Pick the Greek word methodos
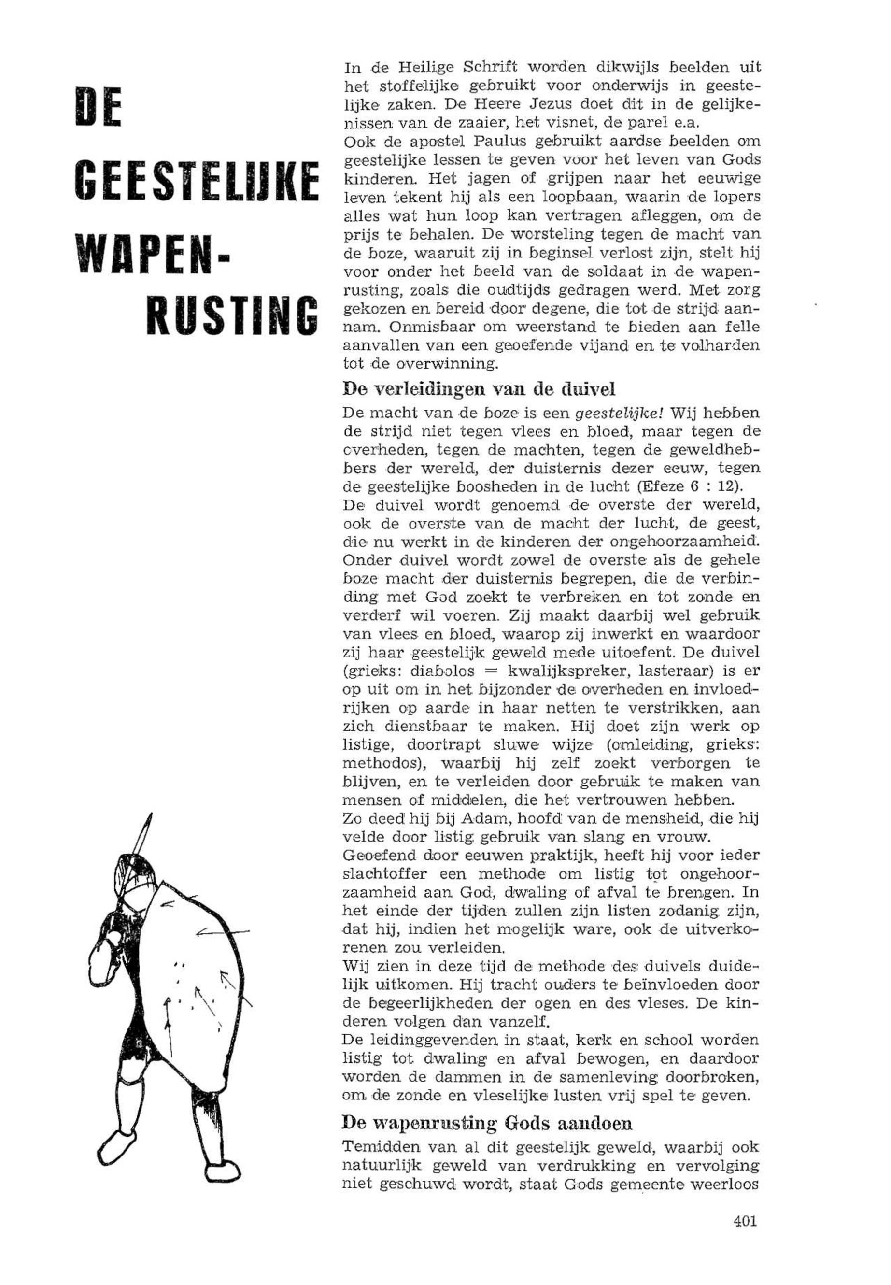tap(379, 763)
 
